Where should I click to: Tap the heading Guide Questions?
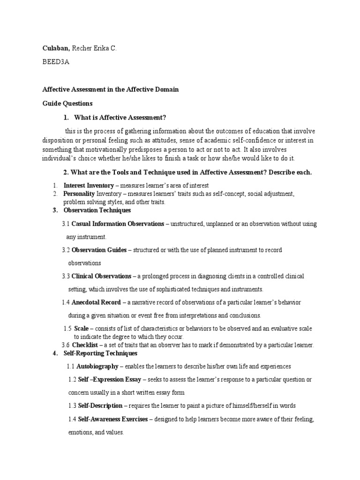pos(67,103)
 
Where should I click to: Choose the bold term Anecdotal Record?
pos(96,302)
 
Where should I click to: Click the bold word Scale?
pos(82,329)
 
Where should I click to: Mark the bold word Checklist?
pos(84,345)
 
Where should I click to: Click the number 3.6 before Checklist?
pos(67,345)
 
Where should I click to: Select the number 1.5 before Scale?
pos(67,329)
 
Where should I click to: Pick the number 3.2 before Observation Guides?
pos(66,250)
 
